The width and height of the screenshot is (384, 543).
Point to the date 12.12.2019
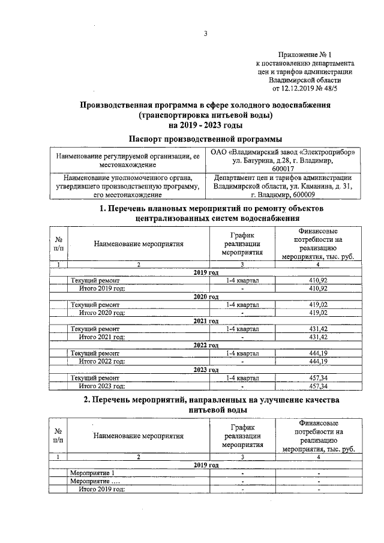[296, 88]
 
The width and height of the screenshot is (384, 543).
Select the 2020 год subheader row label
[206, 296]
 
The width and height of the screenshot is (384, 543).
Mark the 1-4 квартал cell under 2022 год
[242, 353]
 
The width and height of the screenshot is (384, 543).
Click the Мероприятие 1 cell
[92, 473]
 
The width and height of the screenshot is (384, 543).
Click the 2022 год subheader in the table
[206, 345]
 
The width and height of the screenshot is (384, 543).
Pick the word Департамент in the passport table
[235, 178]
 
